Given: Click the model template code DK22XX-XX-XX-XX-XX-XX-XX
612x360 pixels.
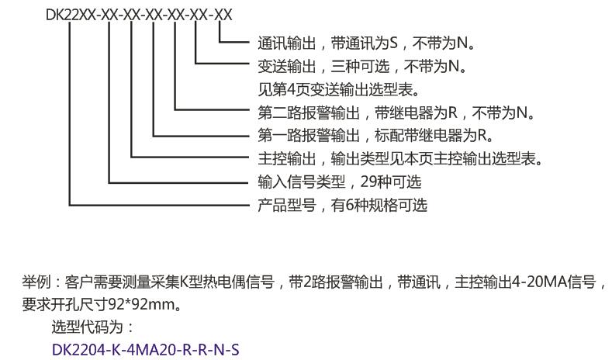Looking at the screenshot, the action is [139, 15].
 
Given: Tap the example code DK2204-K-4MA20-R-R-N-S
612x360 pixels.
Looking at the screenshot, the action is [145, 349].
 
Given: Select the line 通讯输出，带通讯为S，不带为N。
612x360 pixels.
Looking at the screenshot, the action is [366, 43].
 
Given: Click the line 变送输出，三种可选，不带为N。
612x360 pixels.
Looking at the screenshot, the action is [362, 67].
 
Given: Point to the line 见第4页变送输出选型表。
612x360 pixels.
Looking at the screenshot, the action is [339, 90].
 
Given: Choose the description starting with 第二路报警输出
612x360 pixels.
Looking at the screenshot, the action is [396, 112].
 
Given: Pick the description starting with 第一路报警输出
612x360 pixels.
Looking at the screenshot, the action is [376, 136].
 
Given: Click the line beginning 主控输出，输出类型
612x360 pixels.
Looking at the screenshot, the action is [400, 158].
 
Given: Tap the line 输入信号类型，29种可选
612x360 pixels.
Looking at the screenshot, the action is [340, 182].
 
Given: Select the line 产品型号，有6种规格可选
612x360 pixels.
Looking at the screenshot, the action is [343, 205].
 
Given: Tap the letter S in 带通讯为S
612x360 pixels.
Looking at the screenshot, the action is [393, 43].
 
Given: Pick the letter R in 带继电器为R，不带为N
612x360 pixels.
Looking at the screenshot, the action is [452, 112].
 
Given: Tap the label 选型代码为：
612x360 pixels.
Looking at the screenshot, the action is [93, 327].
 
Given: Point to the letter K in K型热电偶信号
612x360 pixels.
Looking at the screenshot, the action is [185, 282].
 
